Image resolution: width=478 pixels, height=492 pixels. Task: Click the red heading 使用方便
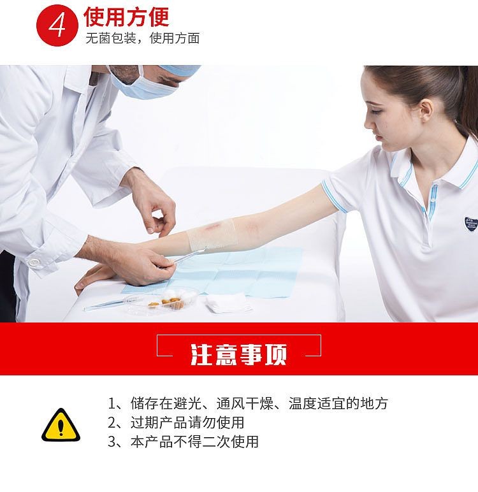pos(126,16)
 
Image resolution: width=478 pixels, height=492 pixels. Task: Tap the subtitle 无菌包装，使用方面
pos(143,38)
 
